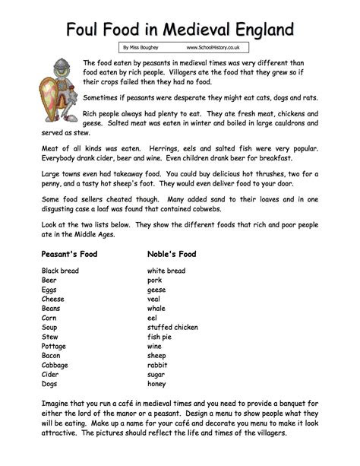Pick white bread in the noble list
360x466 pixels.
[x=166, y=271]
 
